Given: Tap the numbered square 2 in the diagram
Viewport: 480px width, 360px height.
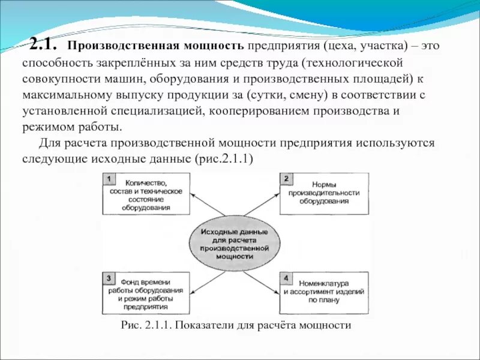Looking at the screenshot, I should (x=286, y=179).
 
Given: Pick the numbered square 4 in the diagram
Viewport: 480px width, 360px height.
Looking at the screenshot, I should (x=286, y=278).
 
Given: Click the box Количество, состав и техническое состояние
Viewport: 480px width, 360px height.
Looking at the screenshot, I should (x=147, y=194).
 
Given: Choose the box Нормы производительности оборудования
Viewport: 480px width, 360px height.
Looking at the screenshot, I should (x=324, y=193).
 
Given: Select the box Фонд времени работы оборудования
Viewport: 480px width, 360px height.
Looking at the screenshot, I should (x=147, y=293).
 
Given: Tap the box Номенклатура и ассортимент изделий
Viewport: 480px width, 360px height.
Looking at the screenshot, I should (x=324, y=293).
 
